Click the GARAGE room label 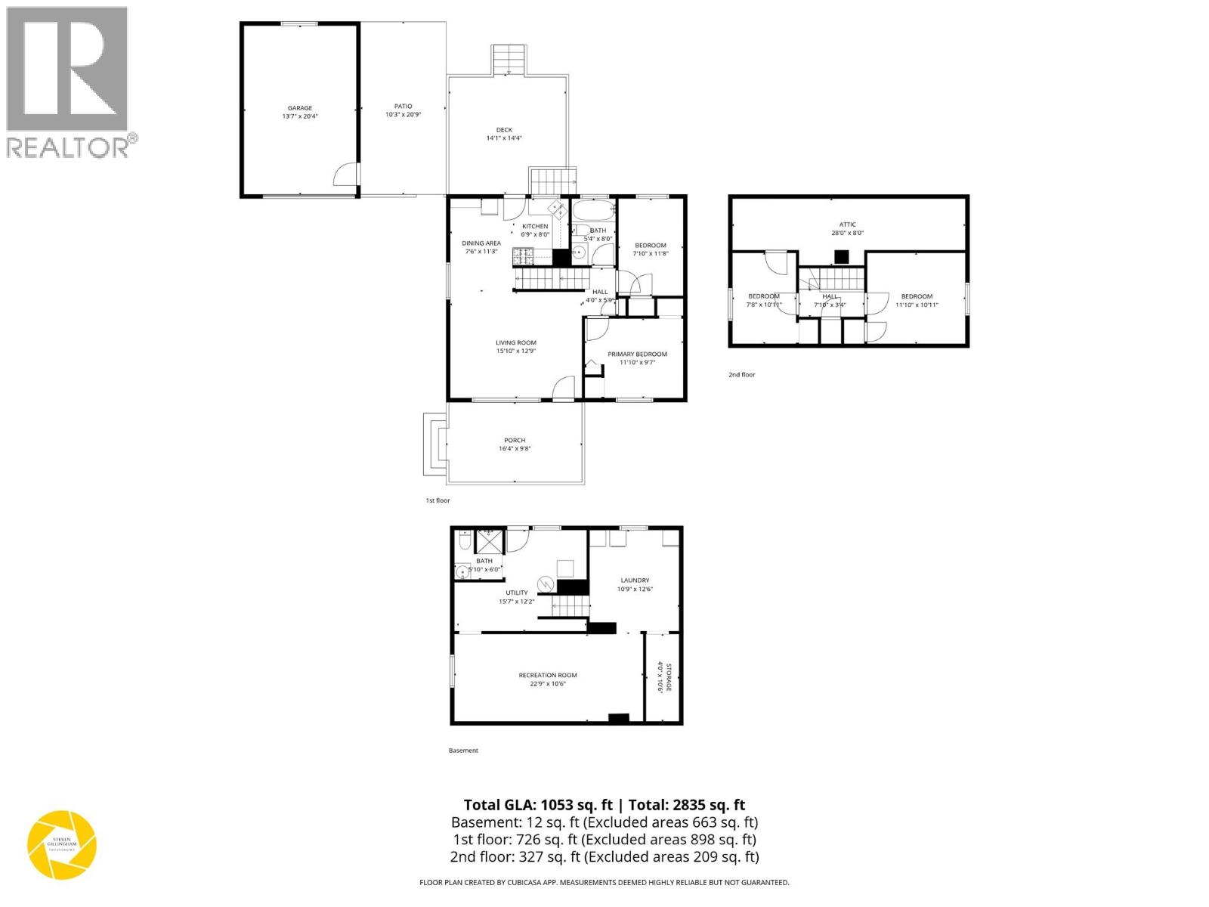(x=299, y=108)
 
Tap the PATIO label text (x=403, y=107)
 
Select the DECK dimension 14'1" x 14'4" (x=504, y=138)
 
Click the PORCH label (x=515, y=440)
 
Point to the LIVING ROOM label (x=516, y=342)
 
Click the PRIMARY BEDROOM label (x=637, y=354)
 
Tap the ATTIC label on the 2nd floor (x=848, y=224)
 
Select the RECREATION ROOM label (x=548, y=675)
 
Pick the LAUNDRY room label (x=635, y=580)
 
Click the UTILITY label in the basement (x=517, y=593)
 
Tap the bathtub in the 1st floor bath (x=594, y=209)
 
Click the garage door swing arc (x=345, y=174)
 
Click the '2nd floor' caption (x=741, y=375)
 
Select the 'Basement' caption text (x=463, y=751)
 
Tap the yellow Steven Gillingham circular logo (x=62, y=844)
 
